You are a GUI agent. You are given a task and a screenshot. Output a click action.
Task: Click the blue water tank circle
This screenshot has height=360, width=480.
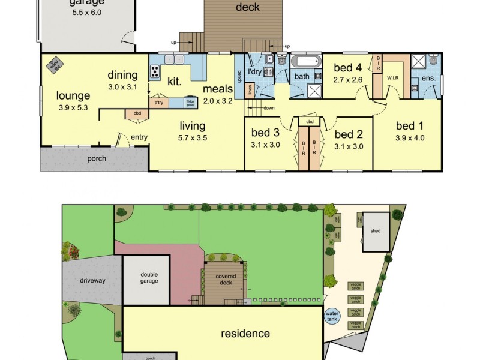(x=332, y=316)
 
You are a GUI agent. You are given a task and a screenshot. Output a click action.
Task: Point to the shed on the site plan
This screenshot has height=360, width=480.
(x=376, y=231)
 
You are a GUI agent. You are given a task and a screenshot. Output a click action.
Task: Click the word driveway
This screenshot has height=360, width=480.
(x=92, y=280)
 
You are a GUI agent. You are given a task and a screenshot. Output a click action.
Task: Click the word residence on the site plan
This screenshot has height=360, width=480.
(x=245, y=334)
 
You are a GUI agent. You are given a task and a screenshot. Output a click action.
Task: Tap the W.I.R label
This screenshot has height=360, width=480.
(x=393, y=77)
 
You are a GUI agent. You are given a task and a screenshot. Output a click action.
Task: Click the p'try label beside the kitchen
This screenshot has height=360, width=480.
(x=158, y=103)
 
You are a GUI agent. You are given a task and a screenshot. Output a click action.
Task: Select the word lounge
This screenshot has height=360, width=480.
(x=73, y=95)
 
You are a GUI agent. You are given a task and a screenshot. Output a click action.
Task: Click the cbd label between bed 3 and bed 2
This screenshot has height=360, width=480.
(x=309, y=122)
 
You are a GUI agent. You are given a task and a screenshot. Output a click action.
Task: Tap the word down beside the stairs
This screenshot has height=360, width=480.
(x=269, y=109)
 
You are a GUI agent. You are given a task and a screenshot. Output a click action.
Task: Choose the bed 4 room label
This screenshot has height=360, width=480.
(x=347, y=68)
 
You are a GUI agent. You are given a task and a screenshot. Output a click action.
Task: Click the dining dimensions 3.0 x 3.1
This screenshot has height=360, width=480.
(x=122, y=86)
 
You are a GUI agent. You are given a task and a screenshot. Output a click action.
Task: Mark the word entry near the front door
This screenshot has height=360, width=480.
(x=139, y=137)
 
